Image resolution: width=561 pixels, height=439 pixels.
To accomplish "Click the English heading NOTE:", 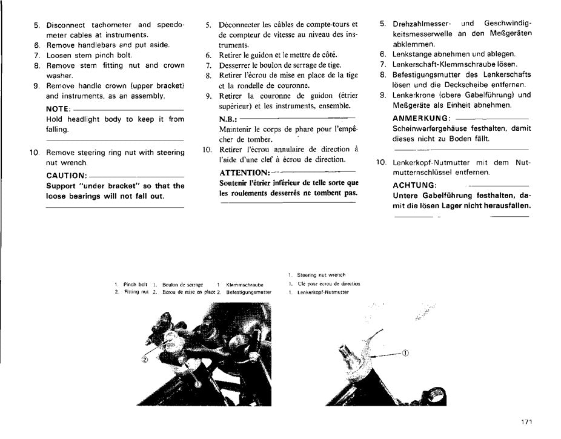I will coord(59,109).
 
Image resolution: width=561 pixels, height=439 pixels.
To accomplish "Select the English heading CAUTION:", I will coord(67,176).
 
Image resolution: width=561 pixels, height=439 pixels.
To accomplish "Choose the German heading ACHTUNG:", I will coord(414,185).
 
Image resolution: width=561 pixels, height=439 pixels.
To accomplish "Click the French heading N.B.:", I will coord(228,119).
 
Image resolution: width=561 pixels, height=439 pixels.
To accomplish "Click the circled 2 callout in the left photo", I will coord(145,358).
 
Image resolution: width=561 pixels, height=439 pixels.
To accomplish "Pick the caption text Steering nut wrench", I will coord(324,275).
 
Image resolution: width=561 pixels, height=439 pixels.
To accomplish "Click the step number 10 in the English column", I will coord(35,153).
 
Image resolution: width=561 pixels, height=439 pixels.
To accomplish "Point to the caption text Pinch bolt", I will coord(135,284).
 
